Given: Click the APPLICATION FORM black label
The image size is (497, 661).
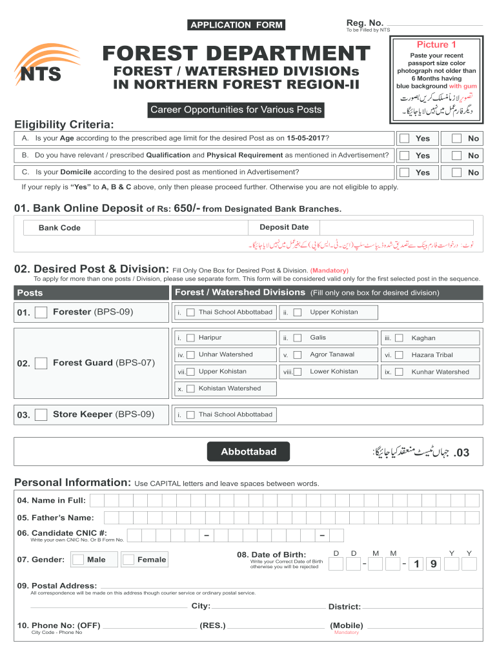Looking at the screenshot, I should [236, 25].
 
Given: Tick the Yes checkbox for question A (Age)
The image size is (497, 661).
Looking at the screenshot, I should [404, 138].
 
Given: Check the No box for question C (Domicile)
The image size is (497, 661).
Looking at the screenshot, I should [456, 172].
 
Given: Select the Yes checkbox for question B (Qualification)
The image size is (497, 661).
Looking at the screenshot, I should [404, 156].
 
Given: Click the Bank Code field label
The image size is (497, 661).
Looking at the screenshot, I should [59, 228].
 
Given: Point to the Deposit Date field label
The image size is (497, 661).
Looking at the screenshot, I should [284, 227].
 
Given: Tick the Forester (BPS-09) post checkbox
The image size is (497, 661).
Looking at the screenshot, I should [41, 312].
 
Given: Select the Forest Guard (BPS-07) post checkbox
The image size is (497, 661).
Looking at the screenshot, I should [41, 363].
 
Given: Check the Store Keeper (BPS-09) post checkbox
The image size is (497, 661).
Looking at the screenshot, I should [41, 414].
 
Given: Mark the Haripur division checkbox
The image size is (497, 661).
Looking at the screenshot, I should [190, 338].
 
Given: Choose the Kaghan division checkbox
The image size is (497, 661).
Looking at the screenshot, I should [400, 338].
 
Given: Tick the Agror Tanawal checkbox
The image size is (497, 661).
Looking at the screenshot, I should [298, 354].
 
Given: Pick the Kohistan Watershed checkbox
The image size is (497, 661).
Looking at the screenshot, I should [190, 389].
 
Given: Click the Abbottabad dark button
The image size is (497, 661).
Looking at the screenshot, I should [249, 452].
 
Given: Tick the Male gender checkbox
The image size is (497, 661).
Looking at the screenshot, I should [78, 560].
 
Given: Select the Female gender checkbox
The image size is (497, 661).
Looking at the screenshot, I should [128, 560].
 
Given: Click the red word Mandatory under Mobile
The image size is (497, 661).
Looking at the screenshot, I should [346, 633].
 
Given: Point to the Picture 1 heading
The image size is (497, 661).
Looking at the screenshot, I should [436, 45].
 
